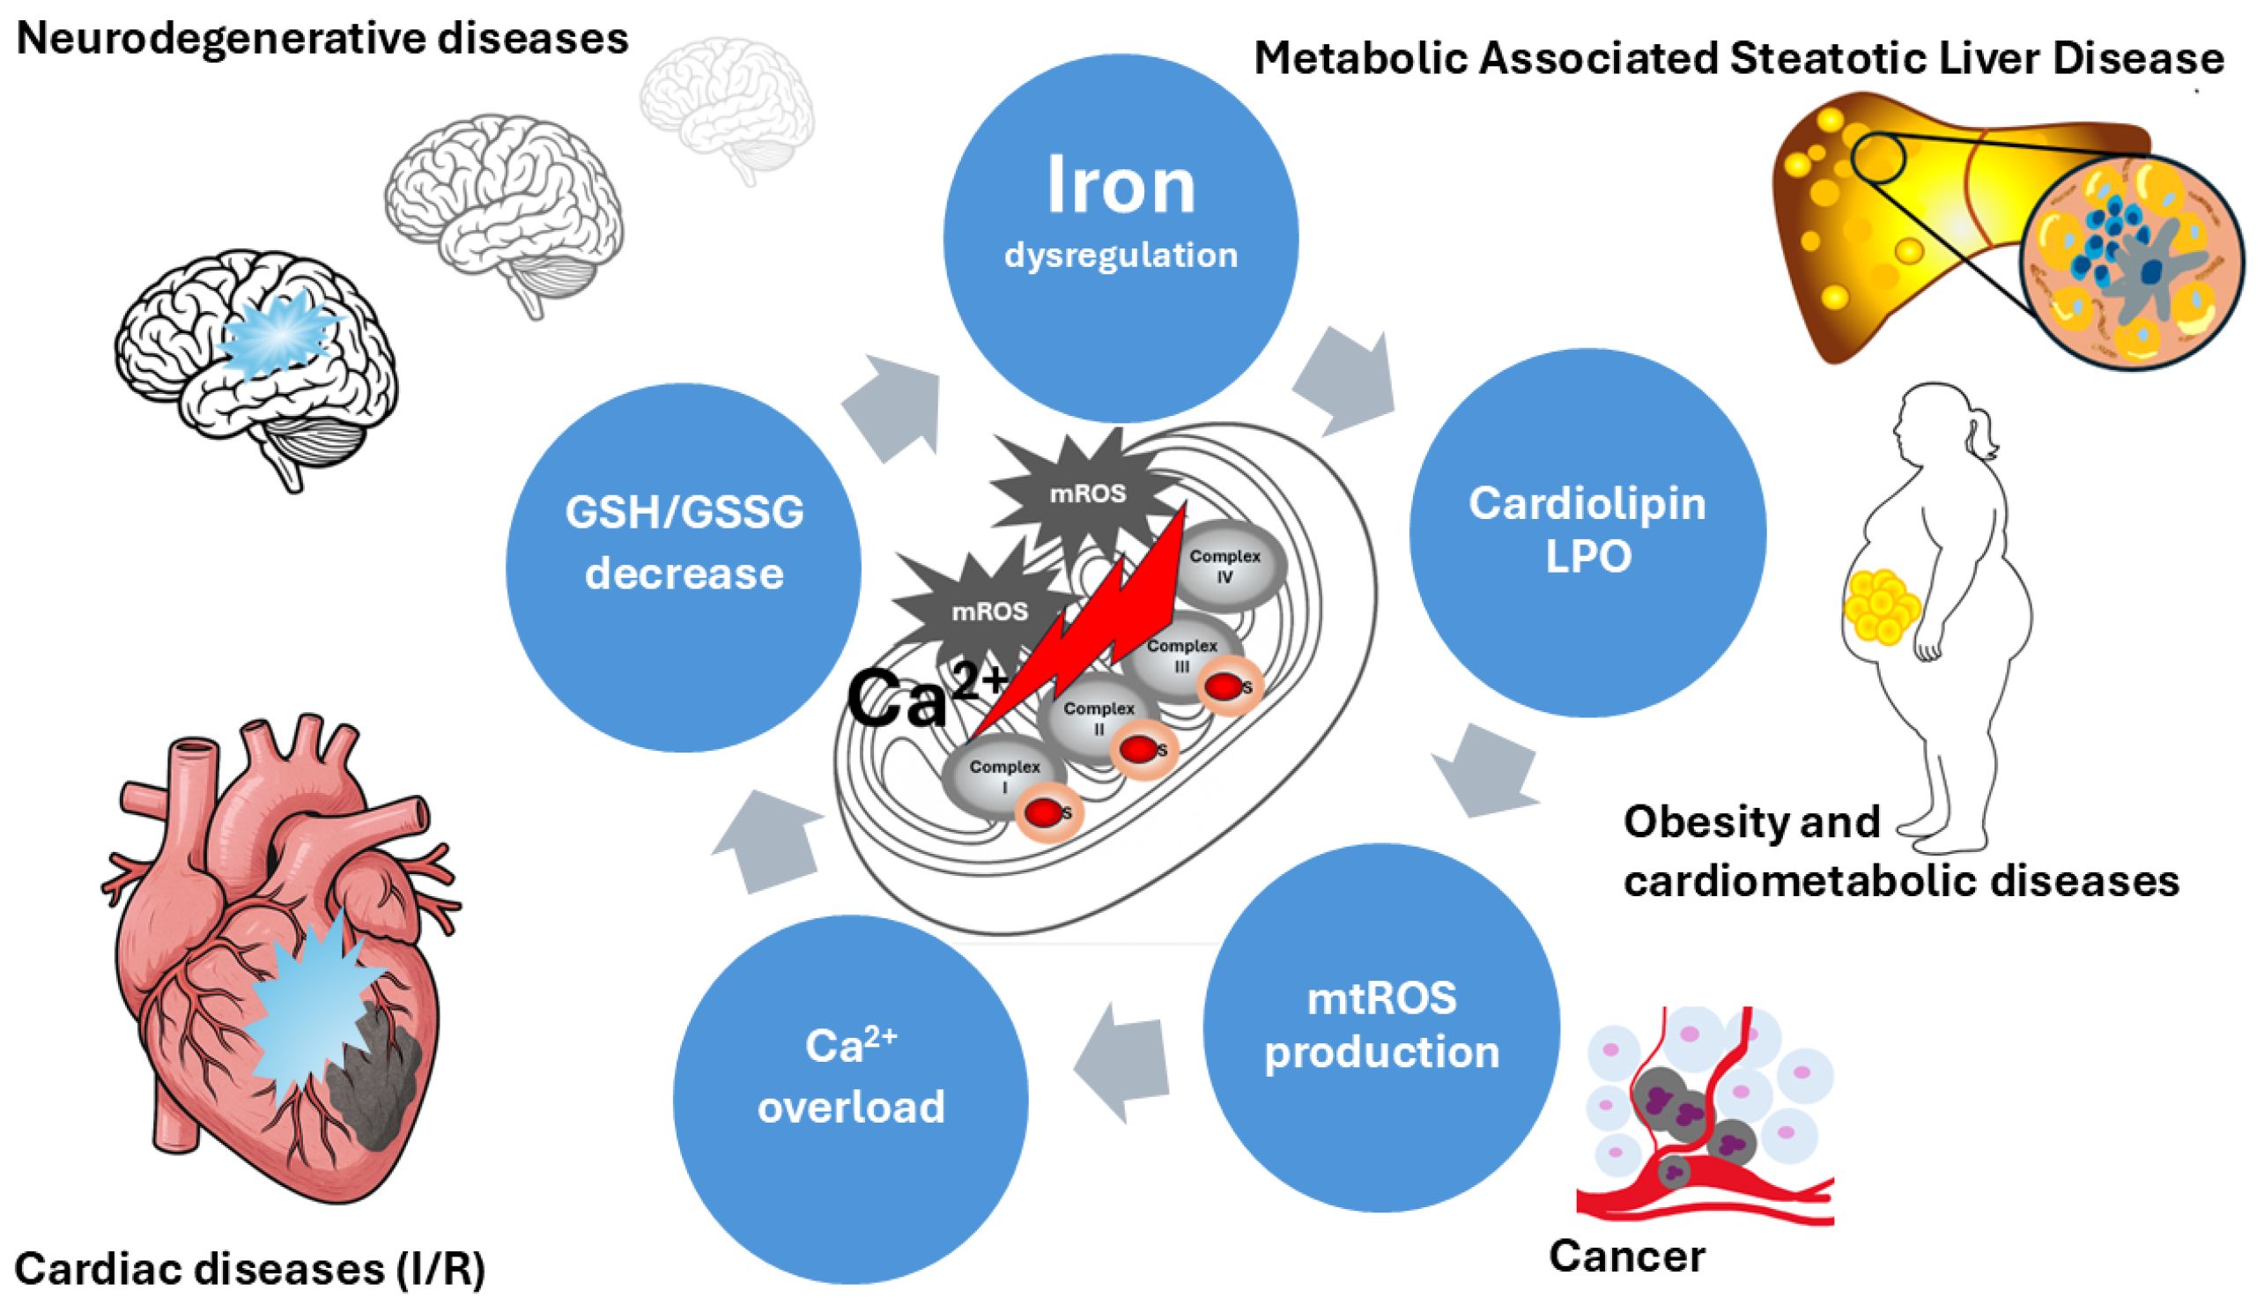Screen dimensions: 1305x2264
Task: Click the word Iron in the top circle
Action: tap(1120, 187)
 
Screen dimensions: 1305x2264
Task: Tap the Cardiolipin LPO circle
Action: tap(1587, 530)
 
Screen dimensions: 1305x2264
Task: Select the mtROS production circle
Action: tap(1380, 1027)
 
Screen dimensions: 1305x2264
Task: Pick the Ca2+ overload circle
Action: tap(850, 1098)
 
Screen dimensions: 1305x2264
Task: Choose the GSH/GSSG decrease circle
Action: tap(684, 567)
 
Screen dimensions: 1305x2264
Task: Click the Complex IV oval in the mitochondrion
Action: tap(1225, 565)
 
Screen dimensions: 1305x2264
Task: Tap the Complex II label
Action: tap(1099, 717)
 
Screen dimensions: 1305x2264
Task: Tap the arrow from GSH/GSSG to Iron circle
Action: tap(892, 408)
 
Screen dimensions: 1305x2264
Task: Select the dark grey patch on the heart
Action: tap(376, 1085)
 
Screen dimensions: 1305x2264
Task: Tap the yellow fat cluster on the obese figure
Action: tap(1882, 607)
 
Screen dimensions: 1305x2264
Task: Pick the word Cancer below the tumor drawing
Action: tap(1626, 1256)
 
